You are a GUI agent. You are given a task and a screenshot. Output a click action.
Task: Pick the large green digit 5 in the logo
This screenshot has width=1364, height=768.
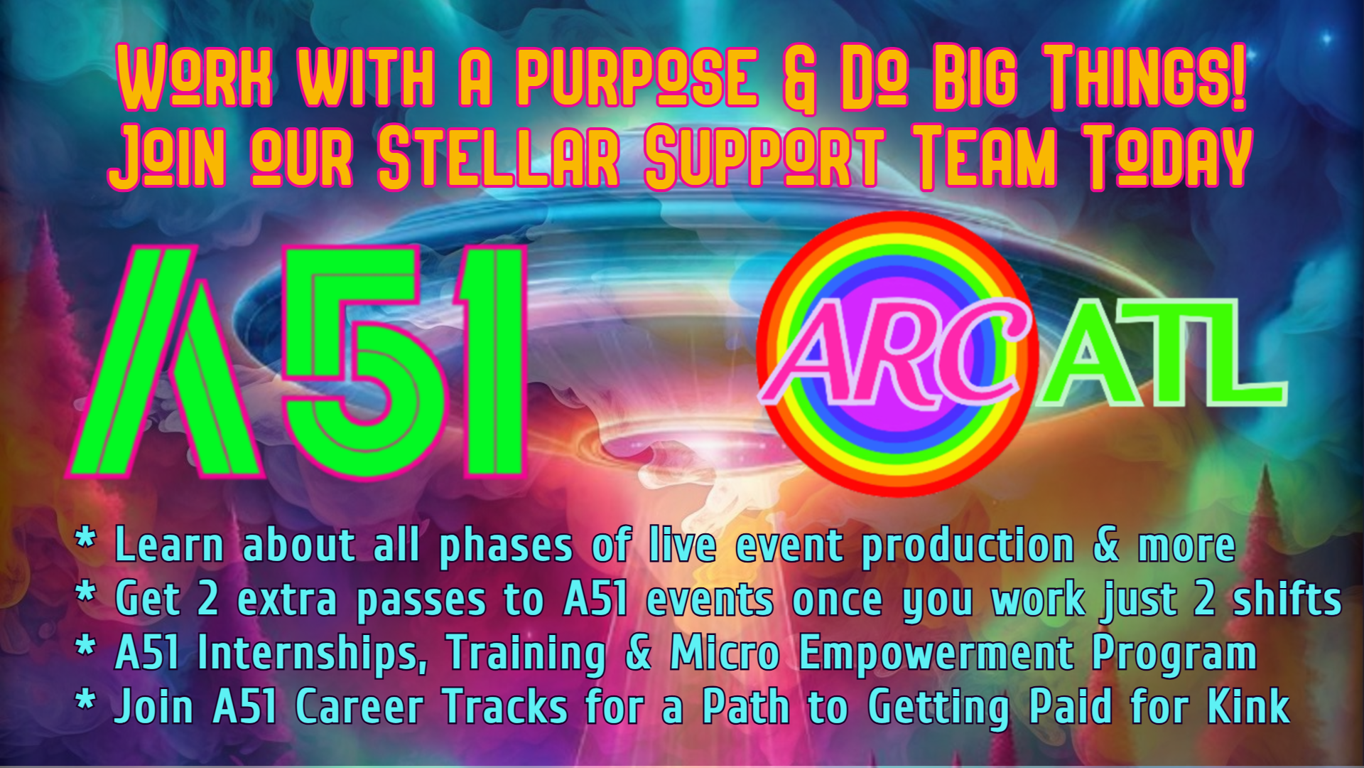tap(362, 363)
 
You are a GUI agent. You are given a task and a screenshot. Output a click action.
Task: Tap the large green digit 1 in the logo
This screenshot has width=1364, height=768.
tap(490, 363)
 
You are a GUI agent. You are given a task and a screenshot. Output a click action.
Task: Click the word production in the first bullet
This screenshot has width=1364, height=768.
tap(968, 546)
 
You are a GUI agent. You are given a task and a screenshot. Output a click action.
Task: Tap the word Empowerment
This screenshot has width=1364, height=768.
tap(936, 654)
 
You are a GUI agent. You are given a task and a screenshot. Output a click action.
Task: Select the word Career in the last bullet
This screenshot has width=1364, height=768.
tap(359, 707)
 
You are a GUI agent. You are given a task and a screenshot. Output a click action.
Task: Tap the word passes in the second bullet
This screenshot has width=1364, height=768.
tap(421, 602)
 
